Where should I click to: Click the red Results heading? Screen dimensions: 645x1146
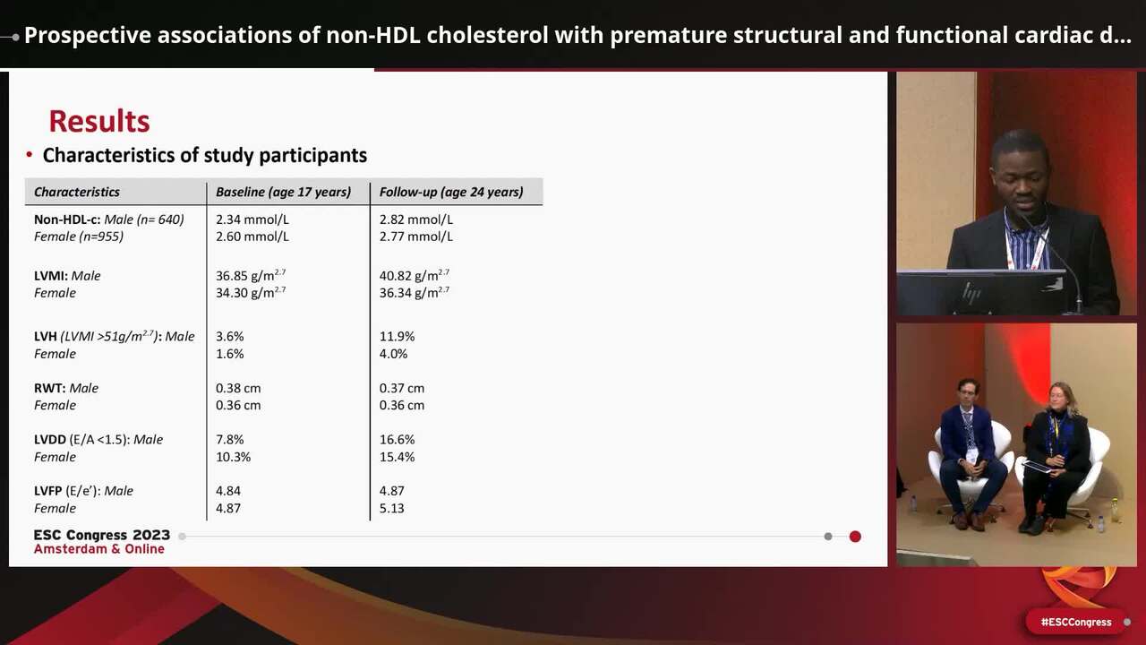click(98, 121)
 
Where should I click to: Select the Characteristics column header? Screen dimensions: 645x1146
click(77, 192)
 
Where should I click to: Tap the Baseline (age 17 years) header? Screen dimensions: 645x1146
click(283, 192)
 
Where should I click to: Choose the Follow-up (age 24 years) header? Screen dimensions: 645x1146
click(451, 192)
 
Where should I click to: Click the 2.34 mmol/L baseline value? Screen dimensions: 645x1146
click(252, 219)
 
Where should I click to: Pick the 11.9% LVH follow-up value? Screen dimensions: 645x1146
click(397, 337)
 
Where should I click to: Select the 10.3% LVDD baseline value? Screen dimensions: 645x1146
click(233, 457)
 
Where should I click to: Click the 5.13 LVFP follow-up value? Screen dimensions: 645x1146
click(391, 508)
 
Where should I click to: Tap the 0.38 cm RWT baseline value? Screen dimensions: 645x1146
click(238, 388)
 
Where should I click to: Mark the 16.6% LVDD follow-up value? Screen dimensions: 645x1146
click(397, 440)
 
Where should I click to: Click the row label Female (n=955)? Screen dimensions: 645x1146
click(79, 236)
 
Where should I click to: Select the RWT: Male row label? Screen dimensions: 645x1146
click(66, 388)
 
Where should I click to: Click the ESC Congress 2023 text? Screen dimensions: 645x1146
click(101, 535)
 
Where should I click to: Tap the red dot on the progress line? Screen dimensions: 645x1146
click(855, 537)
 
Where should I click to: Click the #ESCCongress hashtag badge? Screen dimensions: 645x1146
click(1075, 622)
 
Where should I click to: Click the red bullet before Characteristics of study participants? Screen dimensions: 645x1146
click(30, 156)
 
